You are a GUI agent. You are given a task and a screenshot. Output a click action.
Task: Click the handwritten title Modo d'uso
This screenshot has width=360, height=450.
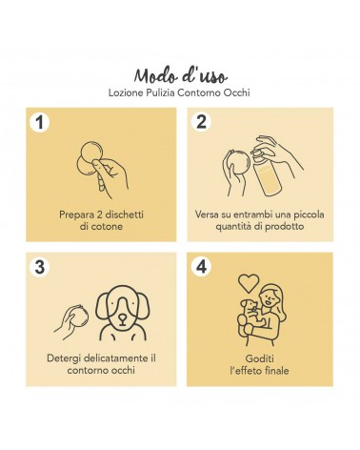[180, 76]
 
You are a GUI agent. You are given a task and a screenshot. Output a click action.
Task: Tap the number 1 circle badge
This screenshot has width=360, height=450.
[39, 122]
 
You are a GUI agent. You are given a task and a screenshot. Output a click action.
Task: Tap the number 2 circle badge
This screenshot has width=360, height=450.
[201, 122]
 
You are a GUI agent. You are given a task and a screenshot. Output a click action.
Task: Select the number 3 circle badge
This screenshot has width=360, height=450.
[39, 267]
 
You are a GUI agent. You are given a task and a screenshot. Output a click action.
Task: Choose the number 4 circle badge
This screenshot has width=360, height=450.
[201, 267]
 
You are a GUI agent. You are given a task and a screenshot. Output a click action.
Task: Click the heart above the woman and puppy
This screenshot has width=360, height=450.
[249, 283]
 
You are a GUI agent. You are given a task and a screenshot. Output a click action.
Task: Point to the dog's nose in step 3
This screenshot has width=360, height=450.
[122, 317]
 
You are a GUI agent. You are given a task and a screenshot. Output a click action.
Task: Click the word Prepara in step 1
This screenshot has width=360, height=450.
[76, 215]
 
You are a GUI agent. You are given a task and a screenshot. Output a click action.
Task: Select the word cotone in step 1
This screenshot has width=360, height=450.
[107, 227]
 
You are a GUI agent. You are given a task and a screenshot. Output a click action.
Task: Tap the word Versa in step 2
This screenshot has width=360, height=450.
[207, 215]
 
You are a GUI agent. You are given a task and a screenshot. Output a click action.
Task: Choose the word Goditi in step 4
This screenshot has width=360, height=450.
[259, 358]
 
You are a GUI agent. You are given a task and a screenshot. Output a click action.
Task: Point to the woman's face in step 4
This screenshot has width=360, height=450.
[269, 298]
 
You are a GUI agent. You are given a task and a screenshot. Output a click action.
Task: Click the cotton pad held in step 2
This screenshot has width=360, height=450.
[240, 164]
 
